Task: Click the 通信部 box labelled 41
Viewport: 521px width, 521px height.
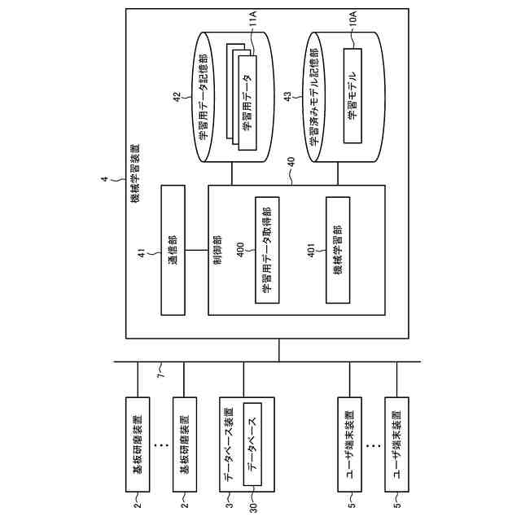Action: (x=173, y=251)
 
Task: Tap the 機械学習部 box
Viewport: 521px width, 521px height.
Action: (x=337, y=251)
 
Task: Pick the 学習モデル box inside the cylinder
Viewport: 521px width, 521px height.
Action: (x=352, y=95)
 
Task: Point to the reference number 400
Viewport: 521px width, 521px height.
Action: (x=241, y=247)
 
